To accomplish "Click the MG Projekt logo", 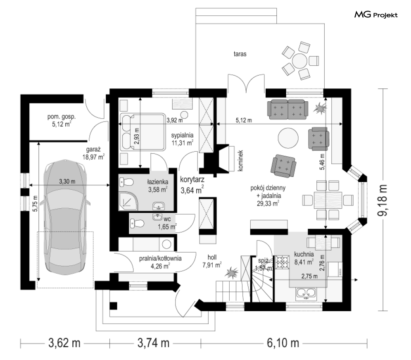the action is coord(376,15).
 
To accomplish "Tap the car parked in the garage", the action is coord(66,217).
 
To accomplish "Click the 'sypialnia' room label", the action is coord(183,135).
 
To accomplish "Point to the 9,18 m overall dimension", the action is coord(382,200).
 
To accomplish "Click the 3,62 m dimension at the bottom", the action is coord(64,343).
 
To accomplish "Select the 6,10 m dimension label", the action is coord(283,343).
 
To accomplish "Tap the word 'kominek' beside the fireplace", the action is coord(241,160).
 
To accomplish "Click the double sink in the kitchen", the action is coord(306,294).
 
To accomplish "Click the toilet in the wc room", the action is coord(137,224).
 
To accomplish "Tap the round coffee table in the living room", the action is coord(288,138).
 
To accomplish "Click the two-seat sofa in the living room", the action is coord(288,109).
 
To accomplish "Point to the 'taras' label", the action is coord(240,54).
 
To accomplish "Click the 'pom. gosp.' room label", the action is coord(61,117).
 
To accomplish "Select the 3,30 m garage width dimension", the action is coord(67,181).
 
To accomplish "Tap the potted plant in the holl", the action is coord(231,272).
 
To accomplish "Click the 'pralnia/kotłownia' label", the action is coord(160,258).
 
